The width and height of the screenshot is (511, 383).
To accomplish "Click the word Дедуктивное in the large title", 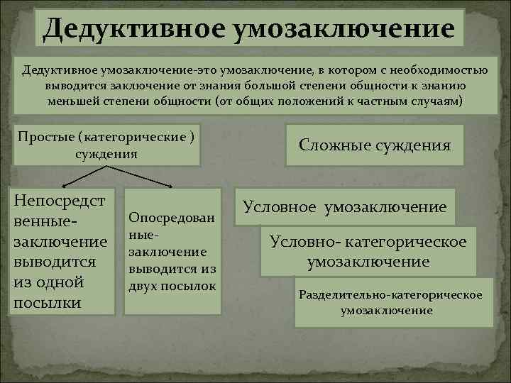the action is pos(131,29).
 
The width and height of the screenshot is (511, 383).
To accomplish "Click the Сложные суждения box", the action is pos(375,145).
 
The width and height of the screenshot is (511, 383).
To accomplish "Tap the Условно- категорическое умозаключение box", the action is pos(368,251).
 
